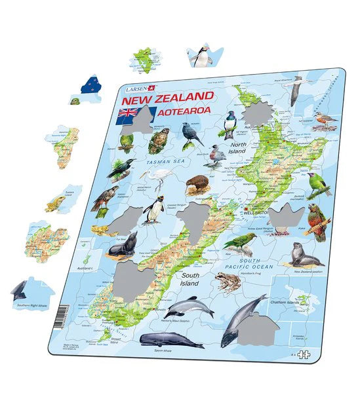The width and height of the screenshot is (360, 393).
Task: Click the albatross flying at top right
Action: click(299, 83)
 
